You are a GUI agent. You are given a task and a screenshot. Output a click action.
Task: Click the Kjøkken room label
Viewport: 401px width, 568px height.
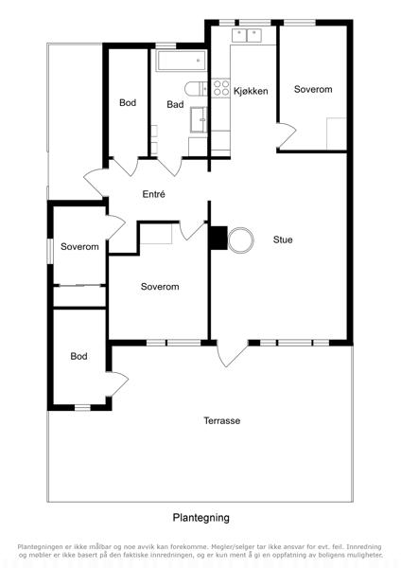[x=251, y=91]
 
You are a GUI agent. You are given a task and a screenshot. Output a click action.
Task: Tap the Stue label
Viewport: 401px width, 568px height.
[x=283, y=240]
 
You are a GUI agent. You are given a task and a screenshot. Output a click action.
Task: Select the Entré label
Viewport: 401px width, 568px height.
[x=154, y=194]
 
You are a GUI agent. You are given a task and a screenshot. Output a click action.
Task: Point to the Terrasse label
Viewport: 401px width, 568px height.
[x=222, y=420]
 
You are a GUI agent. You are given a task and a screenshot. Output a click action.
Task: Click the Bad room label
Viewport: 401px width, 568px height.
[x=175, y=105]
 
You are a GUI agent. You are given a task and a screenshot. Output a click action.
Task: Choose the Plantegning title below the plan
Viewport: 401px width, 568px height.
[x=200, y=518]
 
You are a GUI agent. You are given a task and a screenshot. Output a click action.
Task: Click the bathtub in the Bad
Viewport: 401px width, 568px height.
[x=182, y=61]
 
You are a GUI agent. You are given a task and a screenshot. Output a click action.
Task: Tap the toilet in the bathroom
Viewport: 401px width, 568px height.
[x=196, y=89]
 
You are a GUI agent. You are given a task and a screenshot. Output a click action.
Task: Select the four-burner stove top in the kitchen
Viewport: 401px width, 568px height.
[x=220, y=88]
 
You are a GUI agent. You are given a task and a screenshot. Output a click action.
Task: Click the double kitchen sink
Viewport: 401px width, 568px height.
[x=247, y=36]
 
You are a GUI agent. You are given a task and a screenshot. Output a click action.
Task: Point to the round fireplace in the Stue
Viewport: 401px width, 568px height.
[x=240, y=240]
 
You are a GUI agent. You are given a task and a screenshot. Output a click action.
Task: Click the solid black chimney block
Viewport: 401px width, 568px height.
[x=218, y=238]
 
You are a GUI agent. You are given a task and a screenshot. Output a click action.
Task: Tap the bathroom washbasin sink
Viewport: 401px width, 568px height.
[x=199, y=119]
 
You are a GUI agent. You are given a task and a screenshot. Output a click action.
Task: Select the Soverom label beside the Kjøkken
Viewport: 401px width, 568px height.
[x=313, y=89]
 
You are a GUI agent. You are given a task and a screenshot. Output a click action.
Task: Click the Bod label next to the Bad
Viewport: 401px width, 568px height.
[x=128, y=102]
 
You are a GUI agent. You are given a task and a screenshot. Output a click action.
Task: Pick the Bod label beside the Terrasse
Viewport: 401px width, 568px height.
[x=78, y=356]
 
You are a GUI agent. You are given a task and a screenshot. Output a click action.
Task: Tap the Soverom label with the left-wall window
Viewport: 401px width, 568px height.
[x=79, y=247]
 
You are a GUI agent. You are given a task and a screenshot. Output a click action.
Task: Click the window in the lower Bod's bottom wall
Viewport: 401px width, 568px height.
[x=82, y=407]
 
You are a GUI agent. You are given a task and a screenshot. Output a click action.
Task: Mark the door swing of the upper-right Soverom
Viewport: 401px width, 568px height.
[x=288, y=135]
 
